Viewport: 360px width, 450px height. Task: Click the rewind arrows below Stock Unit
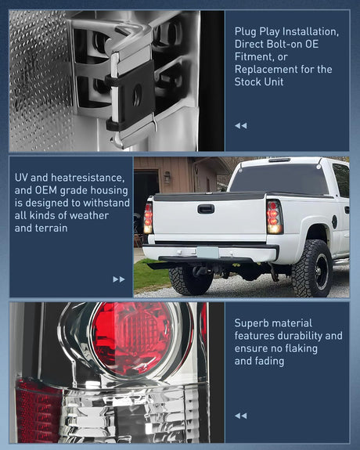[240, 125]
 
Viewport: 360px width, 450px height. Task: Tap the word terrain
[50, 228]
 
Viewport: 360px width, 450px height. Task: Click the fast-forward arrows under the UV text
[119, 279]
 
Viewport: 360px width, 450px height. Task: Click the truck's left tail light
[148, 217]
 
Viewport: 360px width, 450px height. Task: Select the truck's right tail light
[274, 216]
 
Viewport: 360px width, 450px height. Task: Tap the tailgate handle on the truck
[206, 209]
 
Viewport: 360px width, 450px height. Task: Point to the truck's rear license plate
[207, 252]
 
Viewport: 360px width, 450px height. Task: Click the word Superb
[253, 322]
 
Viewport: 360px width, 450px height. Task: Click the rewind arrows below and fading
[240, 416]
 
